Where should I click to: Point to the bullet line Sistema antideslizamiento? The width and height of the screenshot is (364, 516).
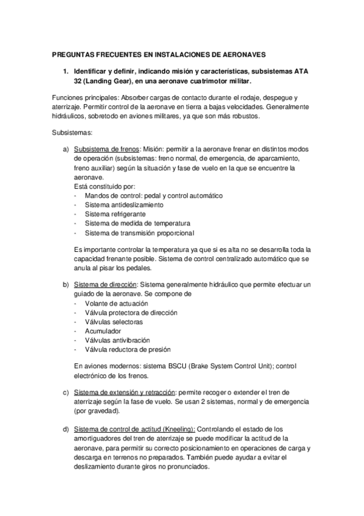115,204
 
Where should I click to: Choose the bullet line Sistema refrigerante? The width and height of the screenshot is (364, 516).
111,214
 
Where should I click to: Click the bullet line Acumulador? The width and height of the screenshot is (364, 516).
103,331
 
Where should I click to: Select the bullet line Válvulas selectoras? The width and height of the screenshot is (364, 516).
114,321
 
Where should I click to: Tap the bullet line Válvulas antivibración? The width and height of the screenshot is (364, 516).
117,340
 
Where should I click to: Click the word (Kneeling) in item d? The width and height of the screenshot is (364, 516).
173,430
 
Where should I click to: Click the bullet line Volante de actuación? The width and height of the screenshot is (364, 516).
116,303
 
